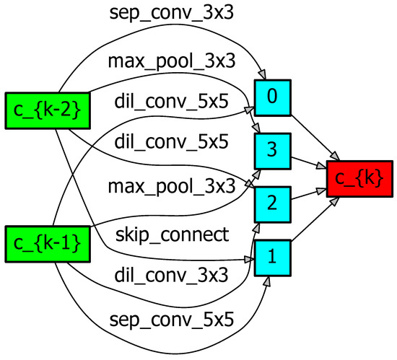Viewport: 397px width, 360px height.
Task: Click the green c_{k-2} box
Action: click(x=43, y=110)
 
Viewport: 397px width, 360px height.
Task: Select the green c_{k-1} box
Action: click(x=43, y=243)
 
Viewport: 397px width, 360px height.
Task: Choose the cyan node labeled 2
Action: click(x=272, y=204)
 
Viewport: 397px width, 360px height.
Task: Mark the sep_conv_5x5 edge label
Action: click(x=173, y=318)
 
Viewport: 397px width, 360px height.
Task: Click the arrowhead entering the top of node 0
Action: click(x=264, y=76)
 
